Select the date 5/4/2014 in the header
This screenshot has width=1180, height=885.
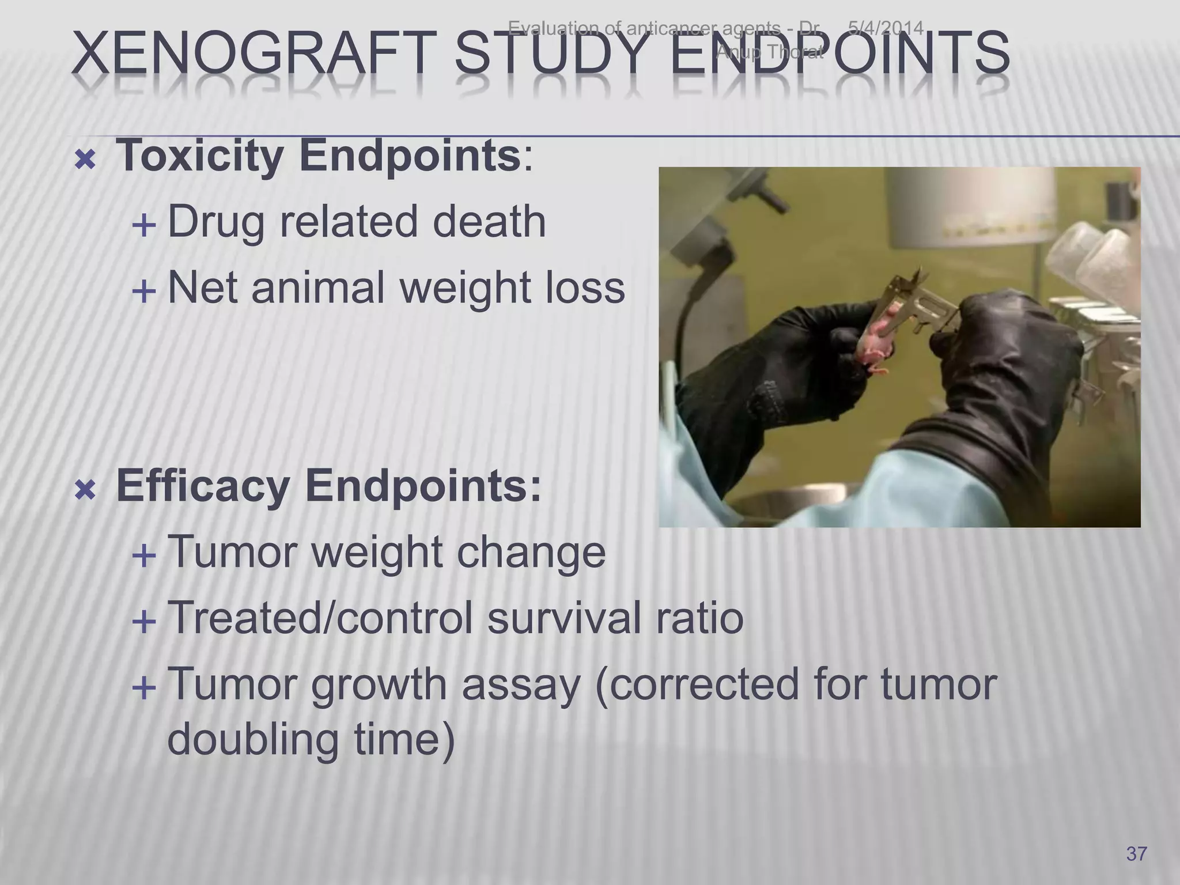[886, 28]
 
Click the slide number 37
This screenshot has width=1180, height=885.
[1136, 853]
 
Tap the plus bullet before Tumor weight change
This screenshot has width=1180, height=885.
[143, 556]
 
